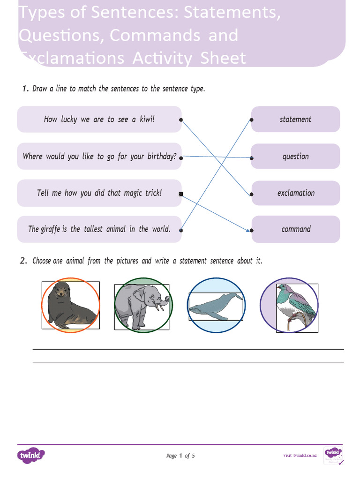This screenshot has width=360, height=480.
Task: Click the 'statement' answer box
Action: click(295, 120)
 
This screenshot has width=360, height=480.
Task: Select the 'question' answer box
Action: click(295, 157)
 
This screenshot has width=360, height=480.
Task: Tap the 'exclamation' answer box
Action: click(295, 193)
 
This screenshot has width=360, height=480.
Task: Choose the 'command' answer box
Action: click(295, 229)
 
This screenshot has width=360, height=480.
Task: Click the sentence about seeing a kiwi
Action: click(99, 120)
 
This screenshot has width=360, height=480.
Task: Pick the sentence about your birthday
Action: click(99, 156)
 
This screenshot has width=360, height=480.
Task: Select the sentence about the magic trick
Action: click(99, 193)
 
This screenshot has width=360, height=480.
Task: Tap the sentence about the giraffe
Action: click(99, 229)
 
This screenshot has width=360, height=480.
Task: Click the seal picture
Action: click(70, 305)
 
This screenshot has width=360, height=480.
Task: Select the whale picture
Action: click(216, 306)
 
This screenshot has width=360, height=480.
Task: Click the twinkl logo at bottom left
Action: click(31, 455)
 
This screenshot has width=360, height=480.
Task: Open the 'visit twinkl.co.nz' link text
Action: click(300, 456)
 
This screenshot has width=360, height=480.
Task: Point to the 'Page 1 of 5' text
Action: click(180, 456)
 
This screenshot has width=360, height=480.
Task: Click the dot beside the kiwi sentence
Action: click(181, 120)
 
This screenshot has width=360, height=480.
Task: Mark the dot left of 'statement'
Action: click(252, 120)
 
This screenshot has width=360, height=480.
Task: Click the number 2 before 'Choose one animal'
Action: click(23, 261)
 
